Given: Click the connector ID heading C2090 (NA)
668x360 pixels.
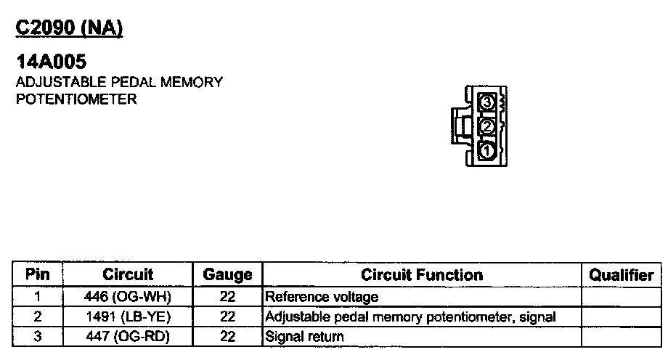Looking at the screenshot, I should click(70, 28).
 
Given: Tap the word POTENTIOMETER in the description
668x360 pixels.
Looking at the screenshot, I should click(76, 99).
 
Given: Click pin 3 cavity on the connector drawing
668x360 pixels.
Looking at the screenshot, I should click(487, 103).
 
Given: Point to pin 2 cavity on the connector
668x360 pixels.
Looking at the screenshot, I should click(487, 127).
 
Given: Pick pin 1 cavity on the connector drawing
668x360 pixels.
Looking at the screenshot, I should click(487, 151).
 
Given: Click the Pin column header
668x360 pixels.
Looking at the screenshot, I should click(37, 275).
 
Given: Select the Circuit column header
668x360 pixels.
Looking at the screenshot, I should click(128, 275).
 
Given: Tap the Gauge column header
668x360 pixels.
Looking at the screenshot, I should click(227, 275).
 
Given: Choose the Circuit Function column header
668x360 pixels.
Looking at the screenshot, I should click(422, 275).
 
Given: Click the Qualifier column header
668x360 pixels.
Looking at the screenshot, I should click(621, 275).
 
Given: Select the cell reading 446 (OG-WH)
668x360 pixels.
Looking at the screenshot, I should click(128, 297).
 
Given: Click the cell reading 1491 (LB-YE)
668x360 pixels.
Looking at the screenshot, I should click(128, 317).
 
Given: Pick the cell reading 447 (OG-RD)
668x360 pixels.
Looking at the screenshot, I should click(128, 337).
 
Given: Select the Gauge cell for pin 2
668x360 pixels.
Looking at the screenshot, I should click(227, 317).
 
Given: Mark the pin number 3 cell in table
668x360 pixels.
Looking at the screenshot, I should click(37, 337).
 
